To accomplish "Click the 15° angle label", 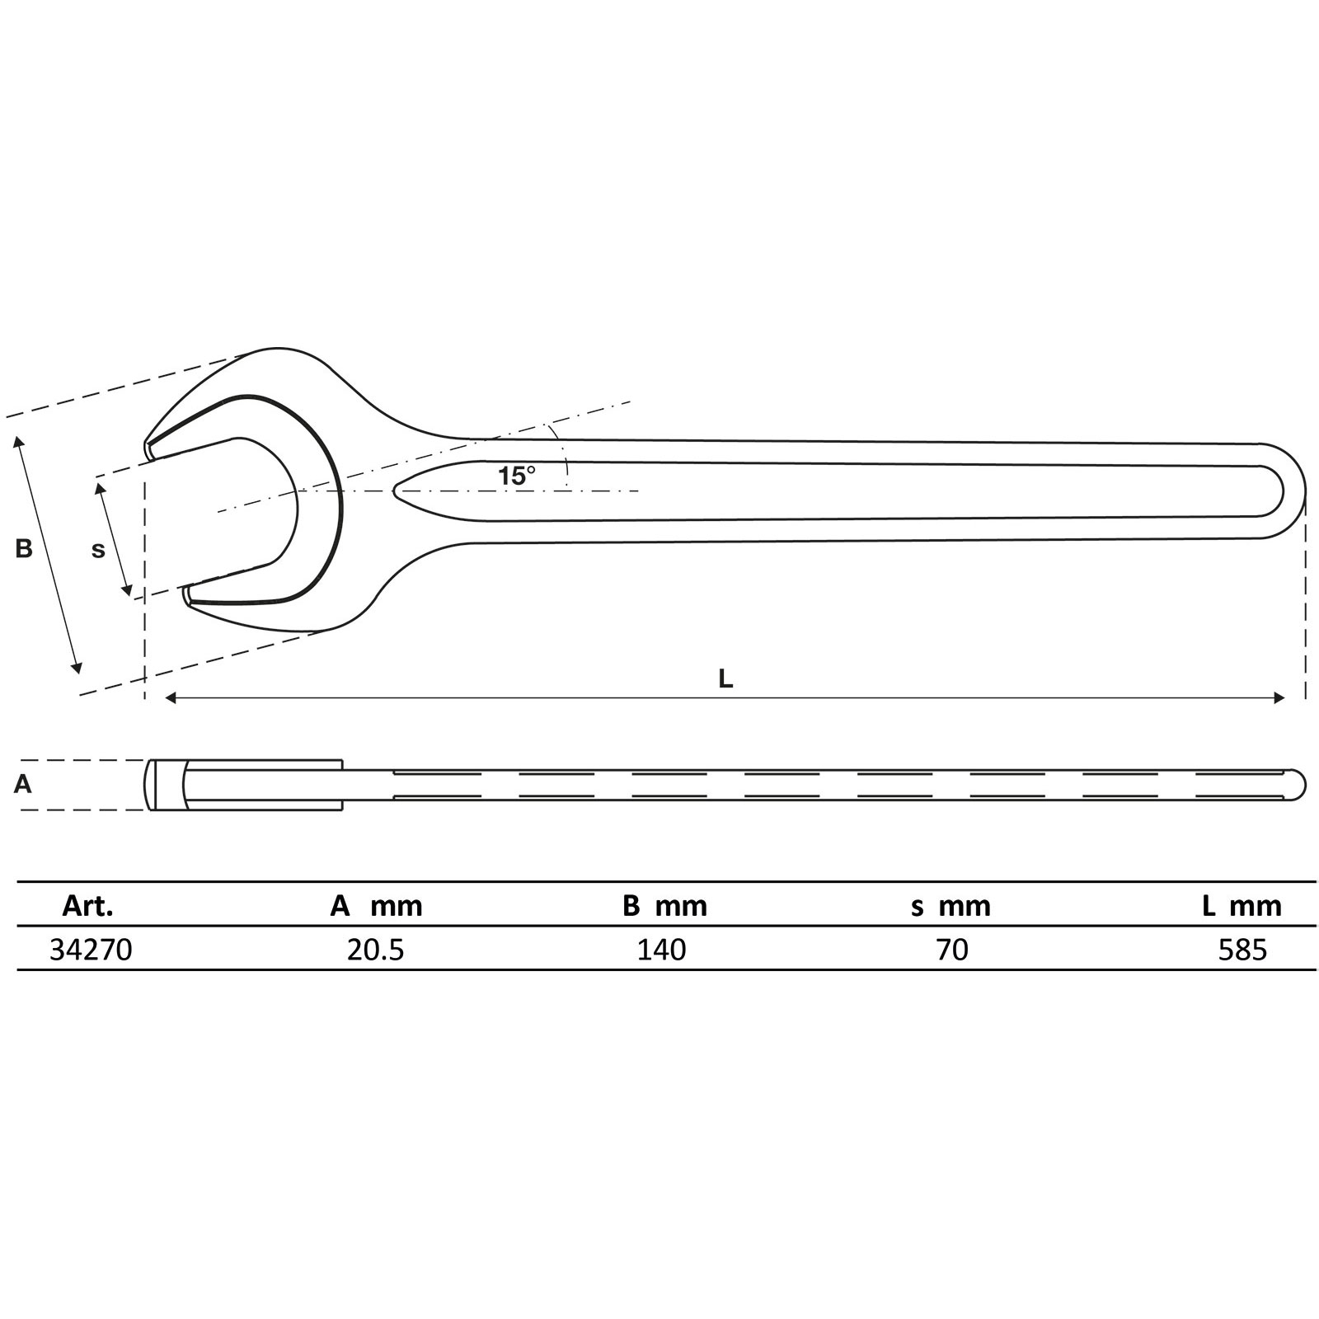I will coord(516,476).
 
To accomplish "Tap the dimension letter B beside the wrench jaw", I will coord(24,548).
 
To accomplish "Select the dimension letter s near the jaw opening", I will coord(98,550).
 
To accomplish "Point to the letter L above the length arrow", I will coord(725,678).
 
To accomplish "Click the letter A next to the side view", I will coord(23,784).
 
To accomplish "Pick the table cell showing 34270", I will coord(91,950).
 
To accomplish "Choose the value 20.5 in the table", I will coord(376,950).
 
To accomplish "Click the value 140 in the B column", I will coord(661,950).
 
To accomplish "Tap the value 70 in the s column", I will coord(952,950).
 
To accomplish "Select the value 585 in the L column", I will coord(1242,950).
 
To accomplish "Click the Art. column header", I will coord(87,906).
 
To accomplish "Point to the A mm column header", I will coord(376,906).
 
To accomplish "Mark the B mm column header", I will coord(664,906).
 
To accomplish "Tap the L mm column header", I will coord(1242,906).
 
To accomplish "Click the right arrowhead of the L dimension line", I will coord(1280,698).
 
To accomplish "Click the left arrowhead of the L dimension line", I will coord(171,698).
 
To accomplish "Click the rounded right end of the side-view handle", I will coord(1300,784).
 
